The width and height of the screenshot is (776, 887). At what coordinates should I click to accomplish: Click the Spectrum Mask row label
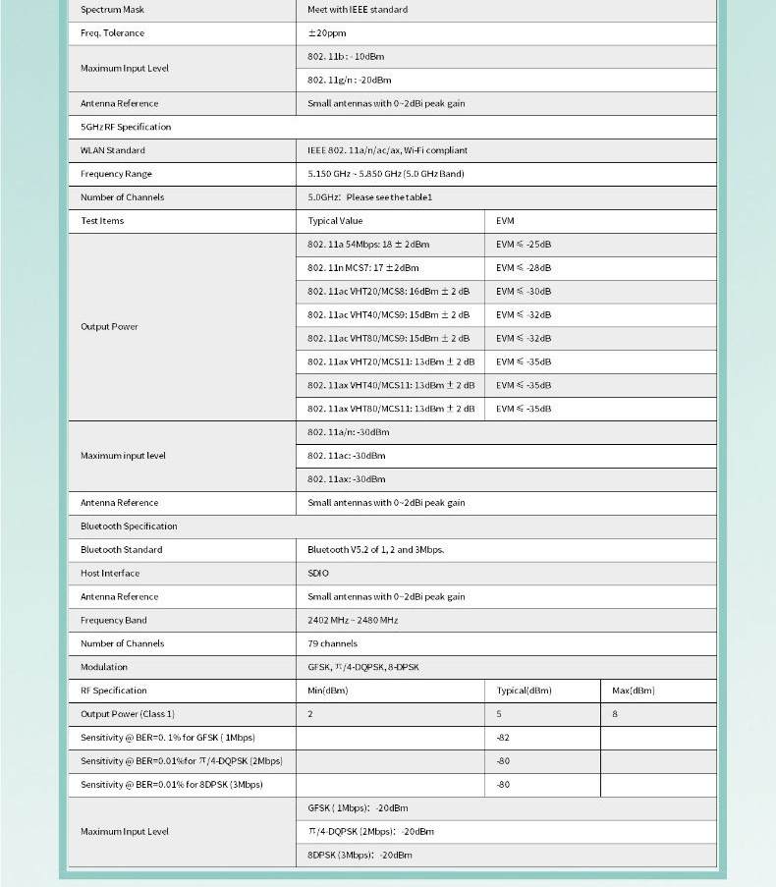(113, 10)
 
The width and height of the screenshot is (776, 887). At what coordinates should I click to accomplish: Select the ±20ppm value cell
(325, 33)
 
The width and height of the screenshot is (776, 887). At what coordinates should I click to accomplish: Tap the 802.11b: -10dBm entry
(346, 57)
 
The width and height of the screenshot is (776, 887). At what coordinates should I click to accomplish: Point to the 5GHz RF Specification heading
(126, 127)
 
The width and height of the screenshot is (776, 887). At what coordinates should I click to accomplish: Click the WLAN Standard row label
(113, 150)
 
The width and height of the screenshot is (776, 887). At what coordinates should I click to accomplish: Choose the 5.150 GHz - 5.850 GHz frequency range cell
(385, 174)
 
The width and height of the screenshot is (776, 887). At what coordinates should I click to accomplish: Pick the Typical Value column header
(335, 221)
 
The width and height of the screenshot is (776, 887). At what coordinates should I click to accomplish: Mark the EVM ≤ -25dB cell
(524, 245)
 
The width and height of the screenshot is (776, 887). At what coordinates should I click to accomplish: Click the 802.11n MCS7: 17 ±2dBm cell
(362, 268)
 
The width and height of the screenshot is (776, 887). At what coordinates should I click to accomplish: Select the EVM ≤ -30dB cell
(524, 292)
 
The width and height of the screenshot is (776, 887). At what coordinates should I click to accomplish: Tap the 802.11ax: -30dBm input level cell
(346, 479)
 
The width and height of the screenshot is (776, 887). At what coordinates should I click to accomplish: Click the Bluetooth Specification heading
(129, 527)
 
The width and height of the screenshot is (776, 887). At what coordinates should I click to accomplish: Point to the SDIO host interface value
(318, 574)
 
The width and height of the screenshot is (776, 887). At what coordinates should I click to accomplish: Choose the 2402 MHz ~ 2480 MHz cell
(353, 621)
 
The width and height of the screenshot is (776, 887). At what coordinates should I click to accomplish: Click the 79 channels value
(332, 644)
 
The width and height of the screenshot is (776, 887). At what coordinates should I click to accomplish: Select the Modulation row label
(104, 668)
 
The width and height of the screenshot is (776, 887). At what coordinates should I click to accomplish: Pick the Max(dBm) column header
(634, 691)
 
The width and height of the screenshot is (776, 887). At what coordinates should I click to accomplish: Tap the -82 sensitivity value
(503, 738)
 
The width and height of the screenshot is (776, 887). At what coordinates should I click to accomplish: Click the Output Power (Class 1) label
(128, 714)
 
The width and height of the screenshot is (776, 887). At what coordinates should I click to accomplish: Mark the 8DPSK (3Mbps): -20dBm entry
(360, 856)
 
